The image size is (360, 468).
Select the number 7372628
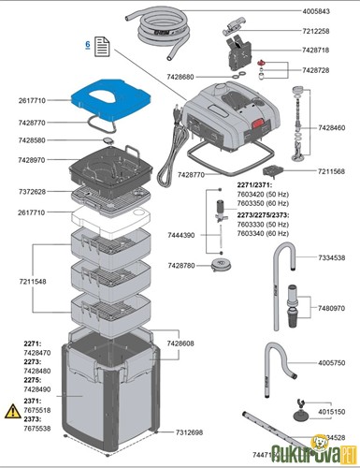click(30, 192)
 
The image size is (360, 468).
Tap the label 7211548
click(30, 281)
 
